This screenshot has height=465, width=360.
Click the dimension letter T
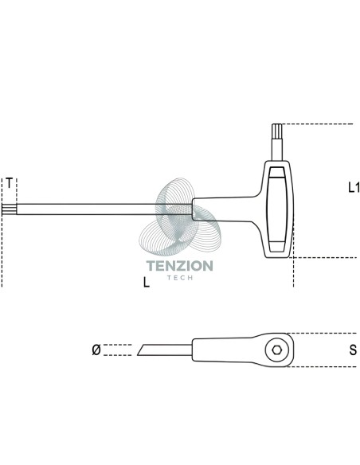(10, 183)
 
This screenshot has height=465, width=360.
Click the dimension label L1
(354, 187)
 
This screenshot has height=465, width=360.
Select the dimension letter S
(353, 350)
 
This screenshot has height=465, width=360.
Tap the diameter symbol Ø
(96, 350)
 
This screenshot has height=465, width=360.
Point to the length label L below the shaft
(147, 282)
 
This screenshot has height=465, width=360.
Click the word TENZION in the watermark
(180, 266)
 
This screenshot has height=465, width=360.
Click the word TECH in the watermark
(180, 278)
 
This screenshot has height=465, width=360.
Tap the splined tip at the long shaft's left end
(9, 209)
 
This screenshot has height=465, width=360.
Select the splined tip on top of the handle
(277, 130)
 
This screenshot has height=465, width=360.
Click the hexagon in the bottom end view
(277, 350)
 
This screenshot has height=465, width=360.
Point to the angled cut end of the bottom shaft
(141, 350)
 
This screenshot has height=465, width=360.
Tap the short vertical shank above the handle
(277, 148)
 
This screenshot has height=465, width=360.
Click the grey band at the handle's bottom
(277, 247)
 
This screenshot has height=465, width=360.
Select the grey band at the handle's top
(276, 172)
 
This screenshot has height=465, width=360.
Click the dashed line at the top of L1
(317, 123)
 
